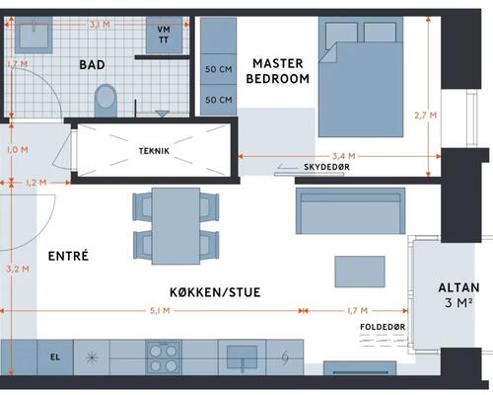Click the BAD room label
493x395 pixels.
(x=92, y=64)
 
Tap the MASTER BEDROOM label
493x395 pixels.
(x=278, y=71)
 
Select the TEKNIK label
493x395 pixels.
(x=154, y=151)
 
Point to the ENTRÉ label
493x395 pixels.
(x=68, y=256)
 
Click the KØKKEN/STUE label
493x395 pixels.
(x=215, y=292)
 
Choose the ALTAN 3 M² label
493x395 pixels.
(x=458, y=295)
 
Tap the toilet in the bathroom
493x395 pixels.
(x=106, y=101)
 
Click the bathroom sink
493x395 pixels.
(x=34, y=36)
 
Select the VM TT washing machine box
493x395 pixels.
(x=164, y=35)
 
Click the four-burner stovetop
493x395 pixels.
(x=164, y=357)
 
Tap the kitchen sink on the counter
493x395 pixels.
(x=243, y=358)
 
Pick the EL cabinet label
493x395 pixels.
(x=55, y=356)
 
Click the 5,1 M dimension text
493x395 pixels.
(x=160, y=310)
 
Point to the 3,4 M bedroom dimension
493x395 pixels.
(x=343, y=156)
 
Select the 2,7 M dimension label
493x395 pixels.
(x=425, y=116)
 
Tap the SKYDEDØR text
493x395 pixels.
(x=326, y=167)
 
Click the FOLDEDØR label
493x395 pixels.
(x=383, y=327)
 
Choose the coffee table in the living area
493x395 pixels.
(x=360, y=272)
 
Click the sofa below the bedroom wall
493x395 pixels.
(x=350, y=211)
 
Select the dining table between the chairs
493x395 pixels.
(x=176, y=226)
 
